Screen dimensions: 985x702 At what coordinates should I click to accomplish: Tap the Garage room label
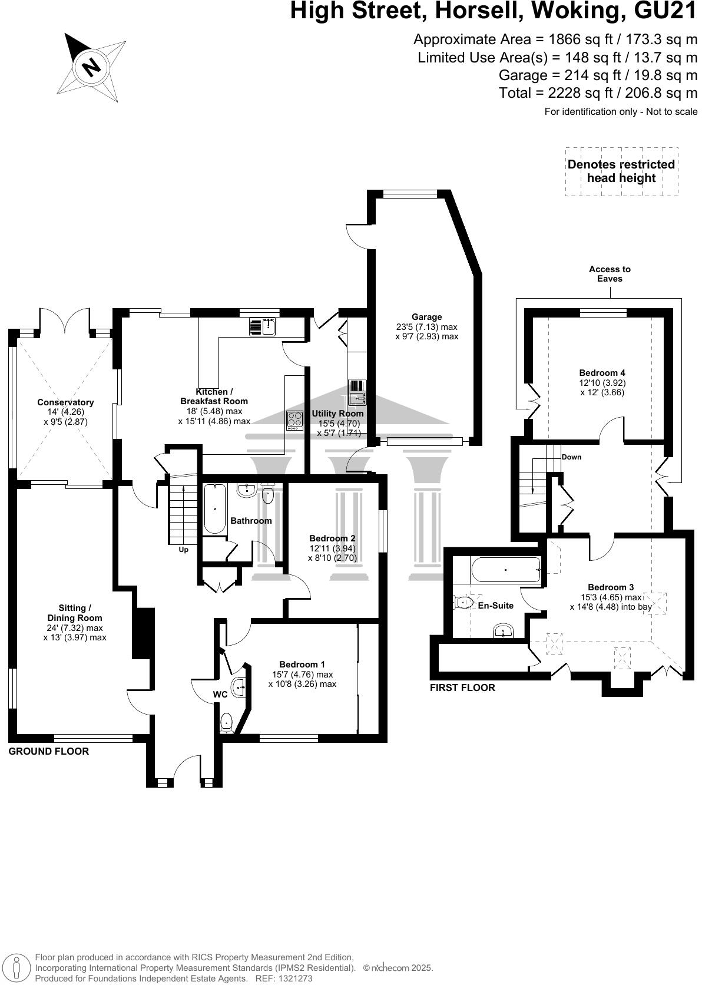[x=427, y=317]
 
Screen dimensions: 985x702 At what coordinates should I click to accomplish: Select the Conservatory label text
[x=65, y=402]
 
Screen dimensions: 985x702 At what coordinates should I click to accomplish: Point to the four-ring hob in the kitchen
[x=294, y=420]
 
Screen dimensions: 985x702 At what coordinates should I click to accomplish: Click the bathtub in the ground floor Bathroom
[x=215, y=508]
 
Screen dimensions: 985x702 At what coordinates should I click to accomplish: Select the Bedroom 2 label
[x=332, y=538]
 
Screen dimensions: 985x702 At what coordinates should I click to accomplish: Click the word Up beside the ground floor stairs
[x=184, y=550]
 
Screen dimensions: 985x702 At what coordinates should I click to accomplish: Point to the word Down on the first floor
[x=571, y=457]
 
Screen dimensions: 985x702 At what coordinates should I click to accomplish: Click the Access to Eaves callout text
[x=610, y=273]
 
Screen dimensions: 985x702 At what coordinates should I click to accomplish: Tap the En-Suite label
[x=495, y=606]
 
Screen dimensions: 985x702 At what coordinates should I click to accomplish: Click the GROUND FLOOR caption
[x=48, y=751]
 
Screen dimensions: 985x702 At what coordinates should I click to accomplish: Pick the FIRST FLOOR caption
[x=462, y=687]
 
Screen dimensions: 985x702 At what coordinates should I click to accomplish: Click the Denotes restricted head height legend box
[x=621, y=171]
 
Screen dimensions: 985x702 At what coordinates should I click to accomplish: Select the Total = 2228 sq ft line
[x=598, y=93]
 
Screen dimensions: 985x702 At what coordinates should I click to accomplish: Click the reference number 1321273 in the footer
[x=292, y=979]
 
